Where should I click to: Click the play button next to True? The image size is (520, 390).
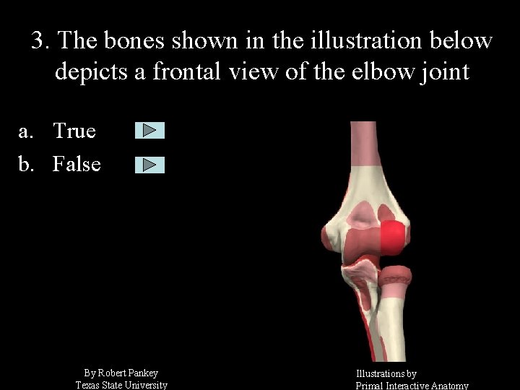coord(149,130)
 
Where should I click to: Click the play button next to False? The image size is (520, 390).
coord(149,165)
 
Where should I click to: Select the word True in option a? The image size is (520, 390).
coord(74,131)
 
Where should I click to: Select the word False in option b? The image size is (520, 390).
coord(77,165)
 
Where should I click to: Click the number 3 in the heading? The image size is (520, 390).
coord(38,40)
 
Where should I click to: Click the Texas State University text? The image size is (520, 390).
coord(121,385)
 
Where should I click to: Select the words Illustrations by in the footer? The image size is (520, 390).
coord(386,374)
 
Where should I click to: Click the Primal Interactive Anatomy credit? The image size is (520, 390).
coord(412,386)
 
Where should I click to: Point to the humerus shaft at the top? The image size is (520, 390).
coord(365,152)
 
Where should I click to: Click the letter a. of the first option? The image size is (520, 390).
coord(27,131)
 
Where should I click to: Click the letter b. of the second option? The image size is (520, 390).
coord(27,165)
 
